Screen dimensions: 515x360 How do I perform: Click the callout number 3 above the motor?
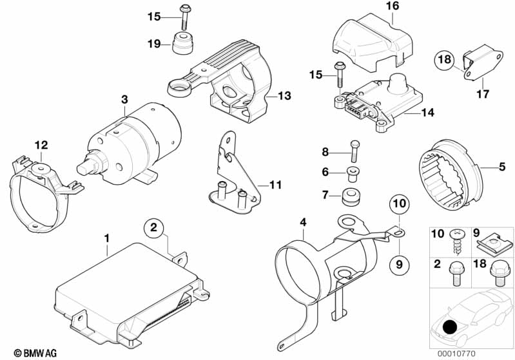click(124, 99)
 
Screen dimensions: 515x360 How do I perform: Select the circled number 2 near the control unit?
click(154, 227)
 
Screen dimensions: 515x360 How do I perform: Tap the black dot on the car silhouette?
click(450, 327)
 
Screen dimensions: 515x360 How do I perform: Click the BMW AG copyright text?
click(35, 353)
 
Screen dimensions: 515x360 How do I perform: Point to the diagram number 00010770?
click(456, 354)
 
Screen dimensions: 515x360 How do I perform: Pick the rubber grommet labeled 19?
click(182, 43)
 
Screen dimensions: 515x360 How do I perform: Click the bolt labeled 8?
click(355, 151)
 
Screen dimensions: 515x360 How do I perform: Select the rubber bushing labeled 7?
click(351, 196)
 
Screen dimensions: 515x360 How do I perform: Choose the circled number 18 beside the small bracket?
click(444, 59)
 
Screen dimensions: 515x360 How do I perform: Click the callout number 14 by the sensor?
click(427, 113)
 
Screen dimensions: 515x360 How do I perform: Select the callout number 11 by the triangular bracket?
click(275, 185)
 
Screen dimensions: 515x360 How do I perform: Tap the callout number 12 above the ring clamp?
click(41, 145)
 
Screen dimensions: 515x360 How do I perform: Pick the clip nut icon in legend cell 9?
click(494, 243)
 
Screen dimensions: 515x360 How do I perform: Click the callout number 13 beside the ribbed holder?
click(284, 95)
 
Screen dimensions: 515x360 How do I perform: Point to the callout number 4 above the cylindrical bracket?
click(303, 222)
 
